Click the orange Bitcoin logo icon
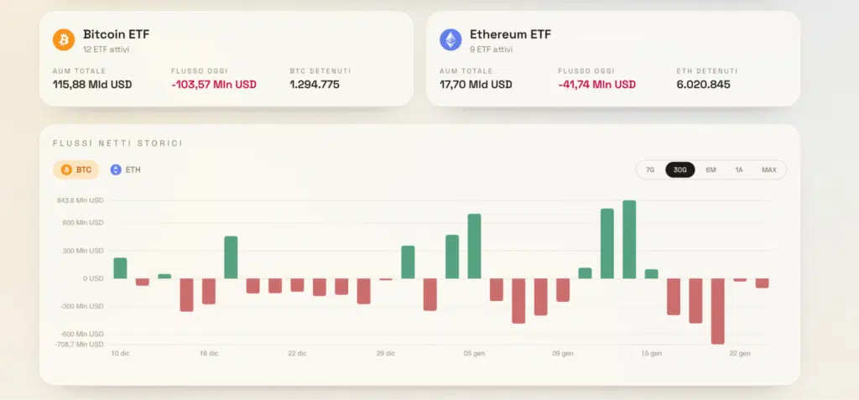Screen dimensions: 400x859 click(64, 39)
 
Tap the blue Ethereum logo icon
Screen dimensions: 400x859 click(450, 39)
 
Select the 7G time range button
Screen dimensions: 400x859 click(650, 169)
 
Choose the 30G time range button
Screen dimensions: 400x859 click(679, 169)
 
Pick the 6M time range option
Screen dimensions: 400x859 click(711, 169)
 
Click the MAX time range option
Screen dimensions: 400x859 click(768, 169)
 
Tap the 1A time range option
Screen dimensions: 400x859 click(739, 169)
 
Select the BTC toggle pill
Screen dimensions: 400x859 click(75, 169)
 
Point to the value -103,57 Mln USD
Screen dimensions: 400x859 click(213, 85)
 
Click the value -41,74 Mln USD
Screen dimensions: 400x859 click(596, 85)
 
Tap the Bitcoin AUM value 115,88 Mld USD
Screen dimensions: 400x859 click(91, 85)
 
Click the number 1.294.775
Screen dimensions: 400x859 click(315, 85)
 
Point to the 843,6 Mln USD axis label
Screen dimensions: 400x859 click(80, 200)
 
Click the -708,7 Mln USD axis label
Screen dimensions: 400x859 click(80, 345)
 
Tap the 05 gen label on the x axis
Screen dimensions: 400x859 click(474, 354)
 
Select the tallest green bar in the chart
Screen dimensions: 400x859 click(629, 239)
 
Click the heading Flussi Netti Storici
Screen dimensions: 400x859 click(117, 143)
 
